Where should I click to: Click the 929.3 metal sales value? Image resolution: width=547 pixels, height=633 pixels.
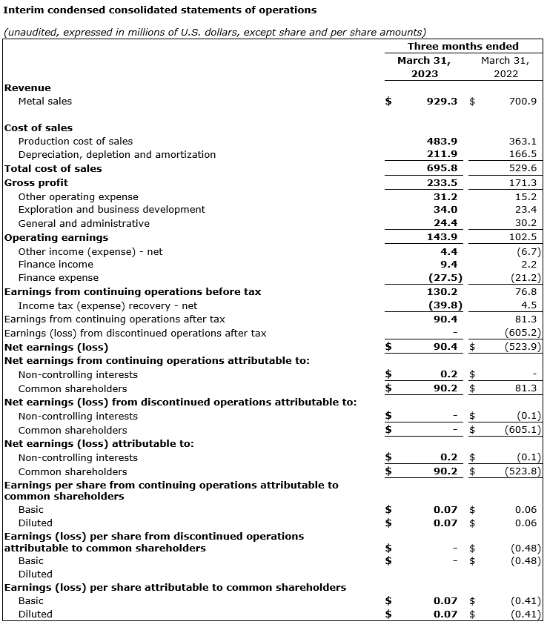tap(442, 101)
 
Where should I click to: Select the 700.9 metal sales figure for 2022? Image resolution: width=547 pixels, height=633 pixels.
tap(523, 101)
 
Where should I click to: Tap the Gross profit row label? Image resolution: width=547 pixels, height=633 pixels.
tap(36, 182)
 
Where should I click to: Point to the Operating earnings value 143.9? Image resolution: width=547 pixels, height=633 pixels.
tap(442, 237)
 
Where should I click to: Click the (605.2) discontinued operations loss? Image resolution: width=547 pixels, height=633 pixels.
tap(523, 333)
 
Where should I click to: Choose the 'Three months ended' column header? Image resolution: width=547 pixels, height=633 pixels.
tap(463, 46)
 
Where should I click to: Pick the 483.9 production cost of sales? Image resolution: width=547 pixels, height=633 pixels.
tap(442, 141)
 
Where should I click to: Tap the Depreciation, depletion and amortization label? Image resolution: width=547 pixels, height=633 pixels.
tap(117, 154)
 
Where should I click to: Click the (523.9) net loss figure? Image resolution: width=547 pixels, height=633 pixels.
tap(523, 346)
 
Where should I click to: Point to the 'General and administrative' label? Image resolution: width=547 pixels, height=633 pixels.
tap(84, 223)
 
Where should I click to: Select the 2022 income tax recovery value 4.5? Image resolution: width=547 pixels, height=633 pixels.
tap(528, 305)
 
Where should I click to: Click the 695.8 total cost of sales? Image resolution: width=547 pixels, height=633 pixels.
tap(442, 168)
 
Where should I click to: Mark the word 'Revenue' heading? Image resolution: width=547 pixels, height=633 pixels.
tap(28, 87)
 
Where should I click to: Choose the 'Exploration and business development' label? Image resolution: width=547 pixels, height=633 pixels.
tap(112, 209)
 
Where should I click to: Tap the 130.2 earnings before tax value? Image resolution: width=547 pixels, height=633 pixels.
tap(442, 291)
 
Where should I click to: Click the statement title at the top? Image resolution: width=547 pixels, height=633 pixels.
tap(160, 10)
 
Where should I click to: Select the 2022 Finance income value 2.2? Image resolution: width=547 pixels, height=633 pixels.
tap(528, 264)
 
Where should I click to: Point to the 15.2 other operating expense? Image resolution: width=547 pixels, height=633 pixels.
tap(526, 196)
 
